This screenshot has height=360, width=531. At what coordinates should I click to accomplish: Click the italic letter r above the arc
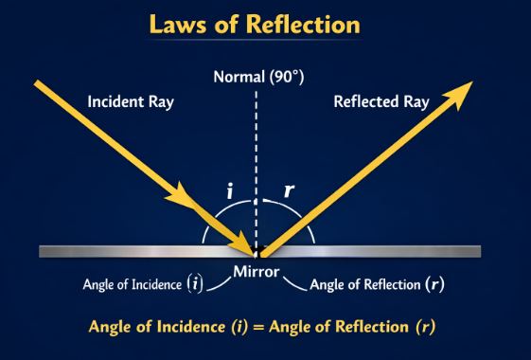click(290, 190)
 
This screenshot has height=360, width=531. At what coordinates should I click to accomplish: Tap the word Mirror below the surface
click(256, 272)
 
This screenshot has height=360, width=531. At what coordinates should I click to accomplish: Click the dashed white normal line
click(256, 142)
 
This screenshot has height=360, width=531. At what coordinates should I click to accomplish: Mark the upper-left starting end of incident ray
click(38, 84)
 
